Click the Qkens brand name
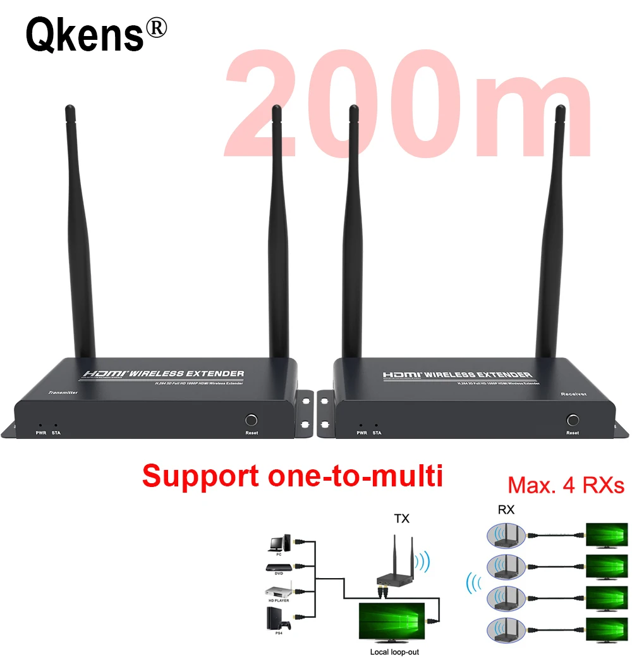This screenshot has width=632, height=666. point(85,35)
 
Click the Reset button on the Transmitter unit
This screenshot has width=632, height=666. point(252,420)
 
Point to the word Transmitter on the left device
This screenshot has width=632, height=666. point(62,393)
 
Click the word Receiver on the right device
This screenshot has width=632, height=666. point(574,393)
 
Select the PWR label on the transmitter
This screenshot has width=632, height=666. point(41,433)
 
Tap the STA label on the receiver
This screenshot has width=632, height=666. point(377,433)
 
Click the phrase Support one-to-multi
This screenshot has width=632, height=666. point(292,476)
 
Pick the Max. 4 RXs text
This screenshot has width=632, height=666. point(566,486)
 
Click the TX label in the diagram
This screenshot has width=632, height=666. point(401,519)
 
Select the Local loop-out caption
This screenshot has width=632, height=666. point(394,652)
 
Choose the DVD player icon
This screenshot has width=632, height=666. point(278,569)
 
